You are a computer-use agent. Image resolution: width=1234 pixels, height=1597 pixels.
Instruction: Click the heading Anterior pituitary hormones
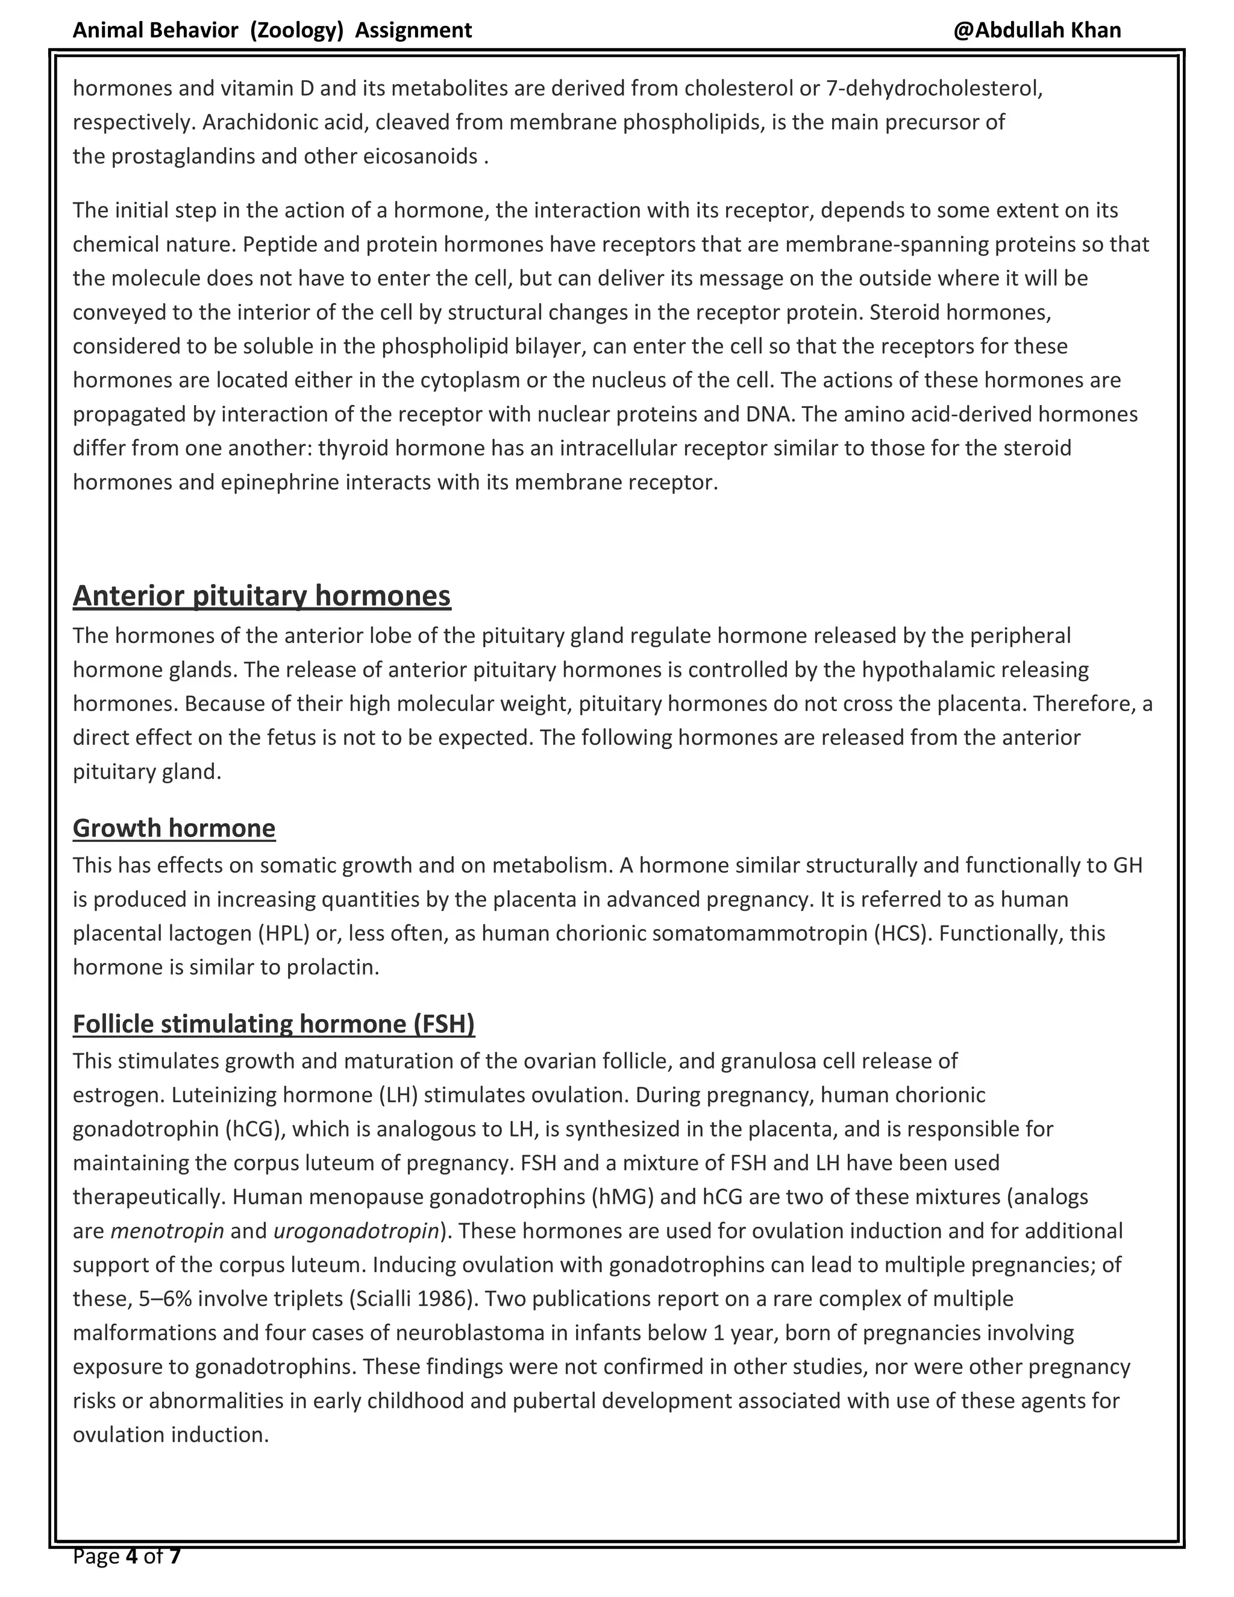point(262,596)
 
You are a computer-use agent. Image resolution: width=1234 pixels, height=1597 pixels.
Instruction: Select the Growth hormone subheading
point(174,828)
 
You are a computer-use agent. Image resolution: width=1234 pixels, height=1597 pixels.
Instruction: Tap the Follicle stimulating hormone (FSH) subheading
point(274,1023)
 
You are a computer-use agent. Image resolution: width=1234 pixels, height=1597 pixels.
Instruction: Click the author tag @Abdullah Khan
point(1036,30)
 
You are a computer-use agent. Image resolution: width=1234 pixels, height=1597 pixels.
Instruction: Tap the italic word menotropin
point(168,1231)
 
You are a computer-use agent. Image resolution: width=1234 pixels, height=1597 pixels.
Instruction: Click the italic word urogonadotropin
point(355,1231)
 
